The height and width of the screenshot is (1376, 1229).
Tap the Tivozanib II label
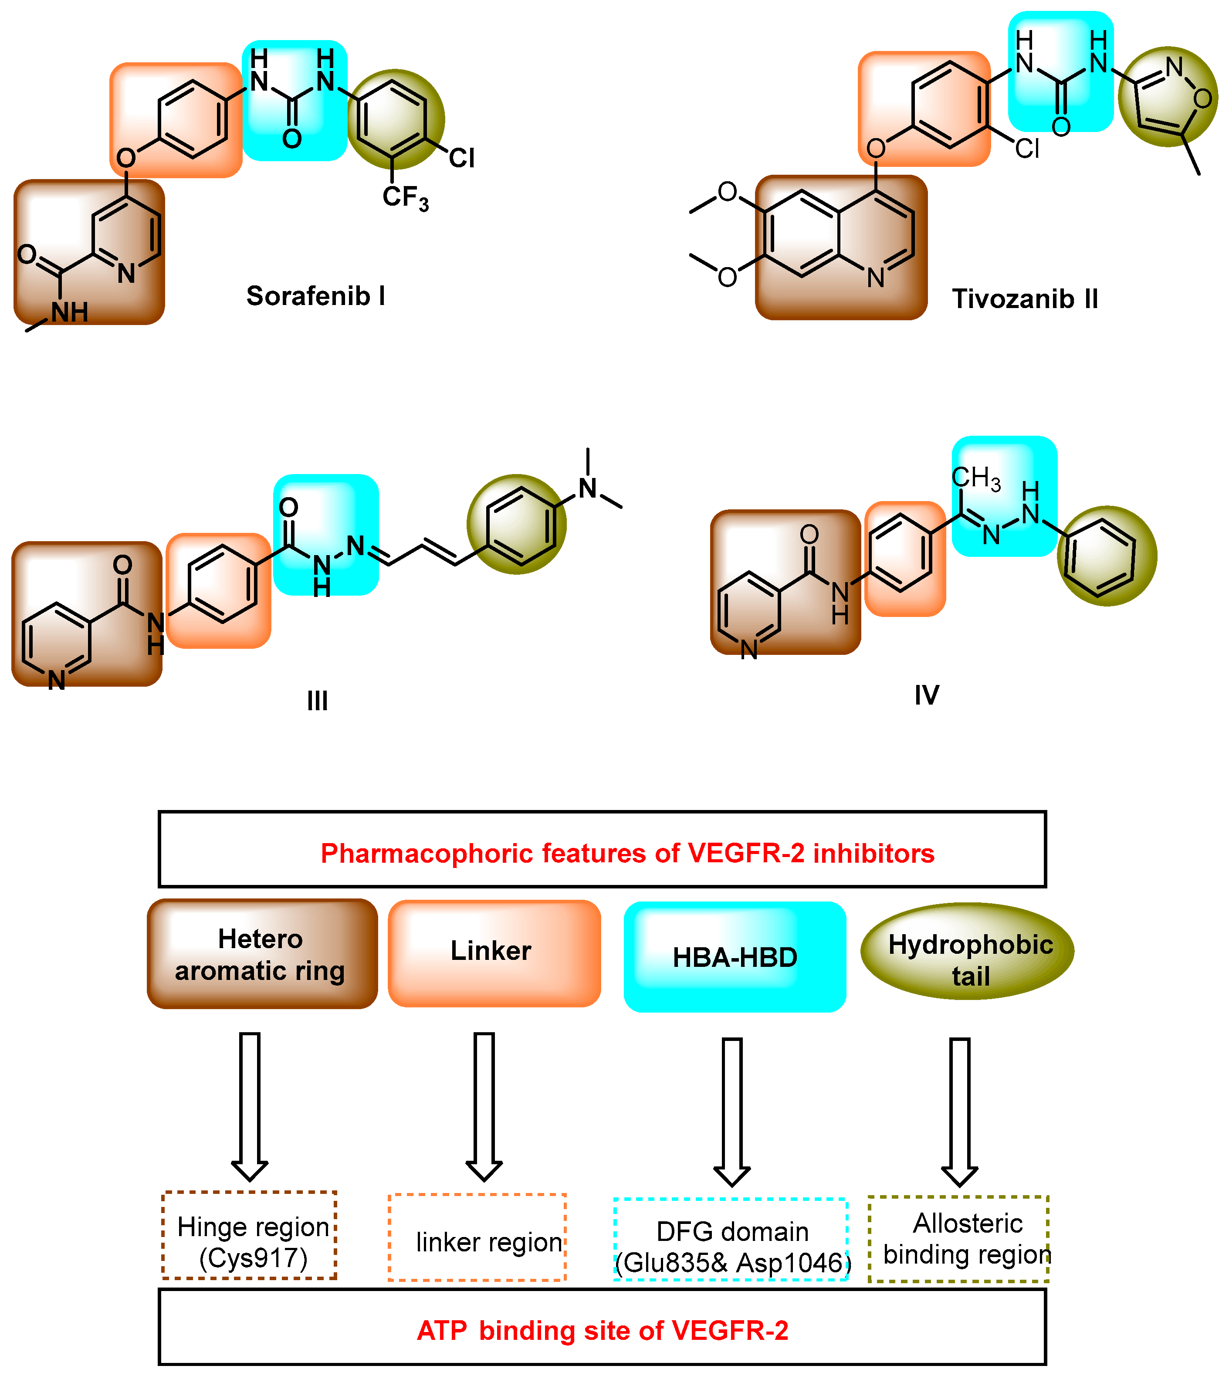[x=1024, y=298]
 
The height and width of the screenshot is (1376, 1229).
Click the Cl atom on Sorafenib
[x=462, y=158]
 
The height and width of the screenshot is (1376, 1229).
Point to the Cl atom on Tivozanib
[x=1027, y=149]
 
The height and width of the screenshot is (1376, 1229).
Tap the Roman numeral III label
[x=317, y=701]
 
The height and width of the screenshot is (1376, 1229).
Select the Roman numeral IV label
[x=927, y=695]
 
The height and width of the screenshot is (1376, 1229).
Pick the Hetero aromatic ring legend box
[x=262, y=954]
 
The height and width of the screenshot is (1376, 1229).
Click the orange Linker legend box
[x=494, y=952]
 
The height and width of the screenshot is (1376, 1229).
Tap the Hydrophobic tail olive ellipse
[x=967, y=952]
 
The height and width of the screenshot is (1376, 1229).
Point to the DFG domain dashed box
[x=731, y=1239]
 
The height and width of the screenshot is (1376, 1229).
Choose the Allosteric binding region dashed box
[x=958, y=1239]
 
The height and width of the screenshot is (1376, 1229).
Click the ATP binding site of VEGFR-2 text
[x=603, y=1331]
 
